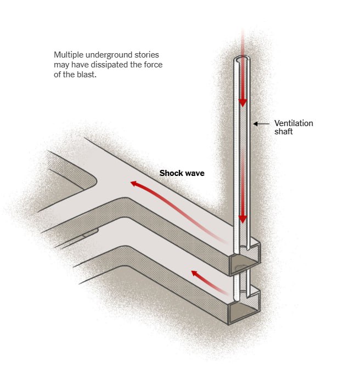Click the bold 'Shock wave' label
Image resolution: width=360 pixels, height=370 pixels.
[x=182, y=173]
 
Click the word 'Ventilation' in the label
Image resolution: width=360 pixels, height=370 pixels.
[x=294, y=123]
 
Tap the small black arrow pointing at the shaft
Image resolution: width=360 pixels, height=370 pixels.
[x=261, y=124]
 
